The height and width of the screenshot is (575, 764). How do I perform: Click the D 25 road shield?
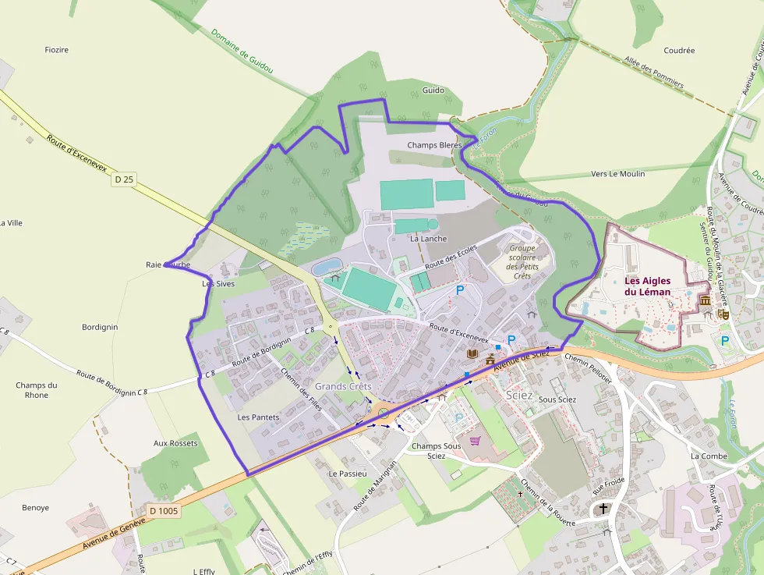click(x=124, y=179)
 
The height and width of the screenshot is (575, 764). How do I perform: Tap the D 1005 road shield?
click(x=164, y=511)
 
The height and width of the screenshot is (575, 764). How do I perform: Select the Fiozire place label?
click(x=57, y=50)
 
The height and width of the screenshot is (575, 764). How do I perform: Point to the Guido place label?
click(x=433, y=91)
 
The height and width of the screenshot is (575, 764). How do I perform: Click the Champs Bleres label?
click(x=434, y=145)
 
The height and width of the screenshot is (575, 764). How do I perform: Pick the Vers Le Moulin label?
click(x=618, y=174)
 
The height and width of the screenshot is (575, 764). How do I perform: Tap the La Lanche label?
click(x=428, y=239)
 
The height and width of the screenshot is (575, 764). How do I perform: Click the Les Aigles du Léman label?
click(x=647, y=286)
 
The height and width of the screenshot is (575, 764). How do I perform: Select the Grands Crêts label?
click(x=343, y=386)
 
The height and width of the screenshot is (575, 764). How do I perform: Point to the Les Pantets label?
click(x=258, y=417)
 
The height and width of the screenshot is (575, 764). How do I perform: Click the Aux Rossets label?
click(x=175, y=443)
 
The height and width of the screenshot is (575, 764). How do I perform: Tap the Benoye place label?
click(x=35, y=508)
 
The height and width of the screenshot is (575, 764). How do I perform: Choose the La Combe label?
click(x=709, y=456)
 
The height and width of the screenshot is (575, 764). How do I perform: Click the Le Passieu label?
click(x=348, y=474)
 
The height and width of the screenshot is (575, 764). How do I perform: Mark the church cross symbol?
click(x=603, y=509)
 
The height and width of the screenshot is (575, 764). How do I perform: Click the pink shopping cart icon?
click(x=475, y=441)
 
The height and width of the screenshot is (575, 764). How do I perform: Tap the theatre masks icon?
click(x=723, y=314)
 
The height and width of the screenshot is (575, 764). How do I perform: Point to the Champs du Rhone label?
click(x=37, y=390)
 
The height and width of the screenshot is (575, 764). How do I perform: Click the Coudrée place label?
click(x=679, y=51)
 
